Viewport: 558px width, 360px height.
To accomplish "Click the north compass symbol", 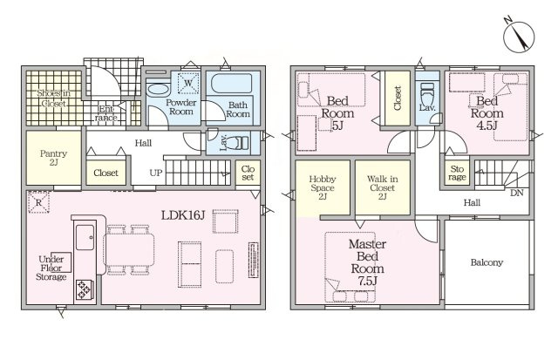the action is pyautogui.click(x=519, y=37).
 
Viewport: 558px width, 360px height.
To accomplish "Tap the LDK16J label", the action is pyautogui.click(x=183, y=215).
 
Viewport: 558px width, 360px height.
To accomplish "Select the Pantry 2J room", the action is pyautogui.click(x=54, y=158).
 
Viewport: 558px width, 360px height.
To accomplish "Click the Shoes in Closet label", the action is pyautogui.click(x=54, y=98).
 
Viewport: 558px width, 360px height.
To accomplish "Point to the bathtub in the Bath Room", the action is pyautogui.click(x=232, y=83).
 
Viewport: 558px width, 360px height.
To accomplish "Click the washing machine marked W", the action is pyautogui.click(x=188, y=83).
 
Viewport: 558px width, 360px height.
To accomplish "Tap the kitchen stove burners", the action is pyautogui.click(x=85, y=289).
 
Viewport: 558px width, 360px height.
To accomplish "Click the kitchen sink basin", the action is pyautogui.click(x=85, y=237).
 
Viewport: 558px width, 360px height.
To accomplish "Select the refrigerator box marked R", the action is pyautogui.click(x=38, y=202).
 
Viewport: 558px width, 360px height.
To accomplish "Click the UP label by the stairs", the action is pyautogui.click(x=156, y=173).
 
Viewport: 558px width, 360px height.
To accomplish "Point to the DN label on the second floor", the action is pyautogui.click(x=516, y=194).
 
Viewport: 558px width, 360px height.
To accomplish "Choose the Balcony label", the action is pyautogui.click(x=487, y=262).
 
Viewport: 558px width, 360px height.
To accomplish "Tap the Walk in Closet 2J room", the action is pyautogui.click(x=383, y=187).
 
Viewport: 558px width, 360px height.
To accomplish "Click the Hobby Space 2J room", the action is pyautogui.click(x=323, y=188).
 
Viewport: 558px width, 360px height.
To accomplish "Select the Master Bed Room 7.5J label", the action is pyautogui.click(x=368, y=262).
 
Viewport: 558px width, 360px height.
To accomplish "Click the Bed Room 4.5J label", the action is pyautogui.click(x=487, y=113).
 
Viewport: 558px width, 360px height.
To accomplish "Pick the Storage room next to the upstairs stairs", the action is pyautogui.click(x=457, y=173).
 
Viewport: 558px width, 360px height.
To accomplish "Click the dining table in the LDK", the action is pyautogui.click(x=129, y=249).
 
